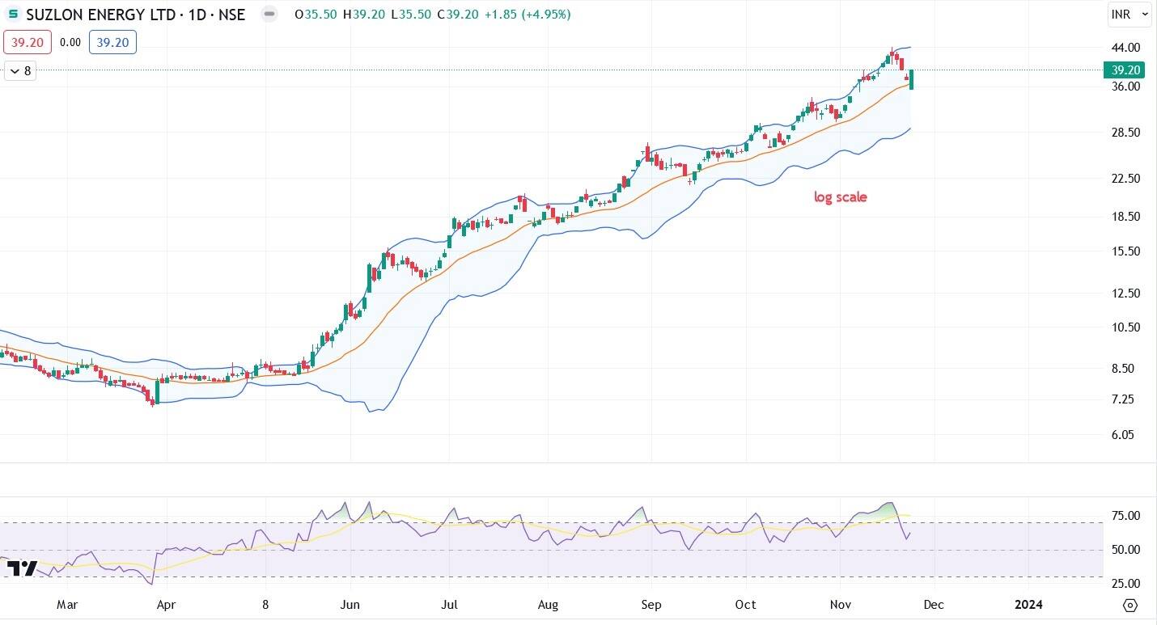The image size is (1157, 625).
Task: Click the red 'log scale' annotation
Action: pyautogui.click(x=840, y=196)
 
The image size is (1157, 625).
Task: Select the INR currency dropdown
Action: pyautogui.click(x=1129, y=15)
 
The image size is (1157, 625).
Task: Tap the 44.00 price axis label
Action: pyautogui.click(x=1127, y=47)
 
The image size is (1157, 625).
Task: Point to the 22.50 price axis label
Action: pyautogui.click(x=1127, y=178)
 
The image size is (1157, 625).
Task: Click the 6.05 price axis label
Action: pyautogui.click(x=1127, y=434)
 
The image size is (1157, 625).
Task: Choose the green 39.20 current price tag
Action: pyautogui.click(x=1125, y=70)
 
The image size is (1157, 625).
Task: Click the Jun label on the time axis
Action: pyautogui.click(x=350, y=605)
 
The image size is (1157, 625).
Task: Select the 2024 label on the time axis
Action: pyautogui.click(x=1028, y=605)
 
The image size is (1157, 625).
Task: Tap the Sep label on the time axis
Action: pyautogui.click(x=651, y=605)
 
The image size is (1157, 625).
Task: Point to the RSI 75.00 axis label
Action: pyautogui.click(x=1127, y=516)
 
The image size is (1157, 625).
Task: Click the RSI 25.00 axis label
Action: pyautogui.click(x=1127, y=583)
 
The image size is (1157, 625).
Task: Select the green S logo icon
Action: pyautogui.click(x=13, y=15)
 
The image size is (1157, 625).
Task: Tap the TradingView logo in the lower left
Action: pyautogui.click(x=22, y=568)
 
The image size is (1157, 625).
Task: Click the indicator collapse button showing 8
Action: pyautogui.click(x=19, y=71)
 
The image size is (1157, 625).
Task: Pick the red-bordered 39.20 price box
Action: pyautogui.click(x=28, y=42)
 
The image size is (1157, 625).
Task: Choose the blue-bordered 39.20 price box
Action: pyautogui.click(x=112, y=42)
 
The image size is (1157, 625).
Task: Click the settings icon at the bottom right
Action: pyautogui.click(x=1130, y=605)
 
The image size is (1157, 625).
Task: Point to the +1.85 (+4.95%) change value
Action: pyautogui.click(x=527, y=15)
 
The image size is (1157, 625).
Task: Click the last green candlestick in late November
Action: pyautogui.click(x=912, y=79)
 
